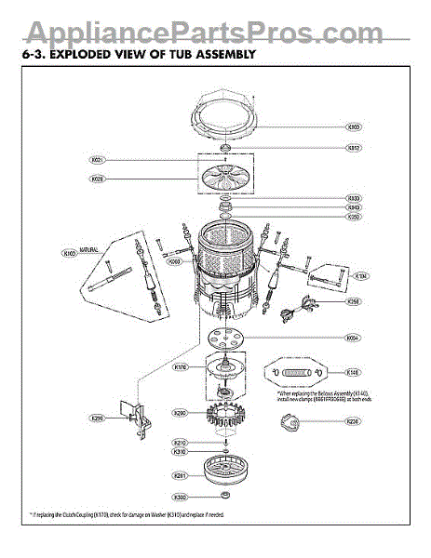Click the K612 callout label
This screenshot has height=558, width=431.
click(353, 147)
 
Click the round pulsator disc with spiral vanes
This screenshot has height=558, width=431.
click(222, 178)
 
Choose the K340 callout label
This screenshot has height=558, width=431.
click(353, 207)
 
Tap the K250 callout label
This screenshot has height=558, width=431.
click(353, 217)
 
